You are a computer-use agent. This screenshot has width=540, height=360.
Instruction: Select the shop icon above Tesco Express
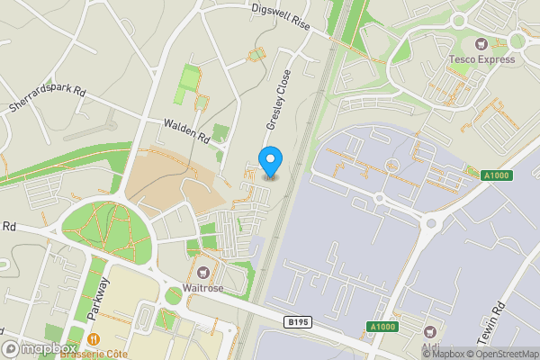[x=481, y=43]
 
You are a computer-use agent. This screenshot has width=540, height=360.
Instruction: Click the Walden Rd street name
[x=186, y=132]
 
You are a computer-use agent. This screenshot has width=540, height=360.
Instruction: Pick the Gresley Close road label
[x=276, y=101]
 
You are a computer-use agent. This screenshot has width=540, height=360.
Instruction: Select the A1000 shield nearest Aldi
[x=381, y=326]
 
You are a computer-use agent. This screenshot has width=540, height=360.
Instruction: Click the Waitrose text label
[x=203, y=288]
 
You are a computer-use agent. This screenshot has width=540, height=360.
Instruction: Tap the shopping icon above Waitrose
[x=203, y=272]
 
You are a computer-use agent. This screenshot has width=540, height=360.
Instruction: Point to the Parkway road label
[x=101, y=297]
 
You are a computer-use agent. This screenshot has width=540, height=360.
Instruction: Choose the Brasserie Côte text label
[x=94, y=353]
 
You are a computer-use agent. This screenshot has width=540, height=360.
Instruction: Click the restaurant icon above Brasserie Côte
[x=94, y=338]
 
